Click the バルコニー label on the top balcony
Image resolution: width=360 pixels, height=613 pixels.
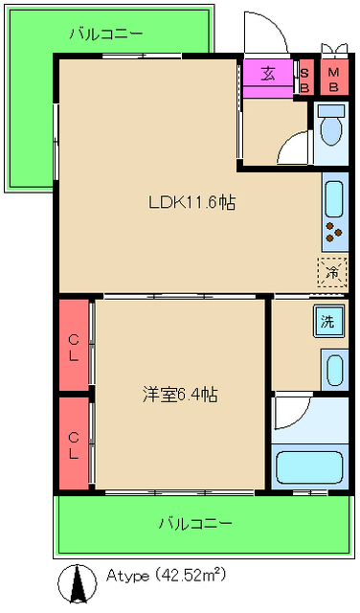tap(105, 34)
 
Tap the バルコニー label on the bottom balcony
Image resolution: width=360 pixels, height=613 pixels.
tap(194, 524)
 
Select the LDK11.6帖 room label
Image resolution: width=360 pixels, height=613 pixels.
tap(191, 202)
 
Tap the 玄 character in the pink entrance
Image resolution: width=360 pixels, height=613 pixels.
tap(269, 73)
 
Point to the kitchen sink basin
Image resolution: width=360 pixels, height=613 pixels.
tap(332, 199)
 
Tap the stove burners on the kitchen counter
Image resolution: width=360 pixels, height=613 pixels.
tap(332, 231)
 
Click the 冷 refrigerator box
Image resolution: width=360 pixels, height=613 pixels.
tap(331, 272)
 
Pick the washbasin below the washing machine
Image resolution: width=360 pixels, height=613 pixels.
tap(331, 370)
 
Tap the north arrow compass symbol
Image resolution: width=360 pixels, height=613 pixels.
tap(73, 582)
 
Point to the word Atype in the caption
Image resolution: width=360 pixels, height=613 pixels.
tap(125, 576)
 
